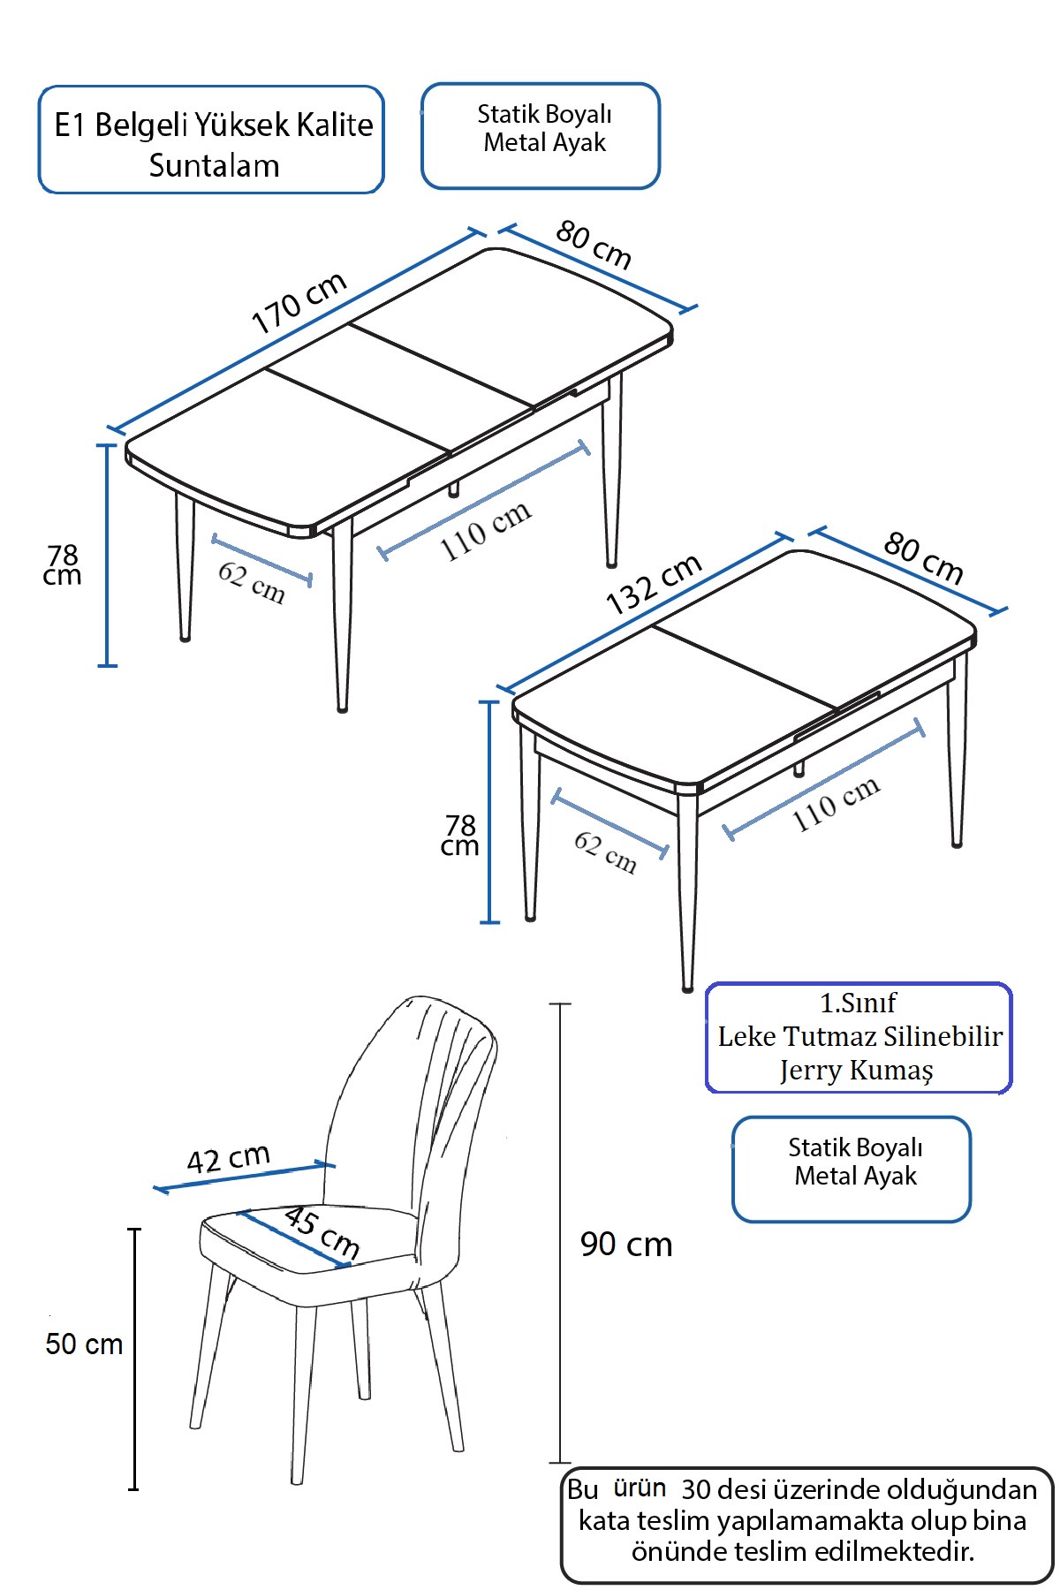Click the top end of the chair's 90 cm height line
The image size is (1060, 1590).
(560, 1004)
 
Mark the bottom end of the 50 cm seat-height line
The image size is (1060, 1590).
(134, 1488)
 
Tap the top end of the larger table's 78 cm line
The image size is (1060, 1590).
(107, 445)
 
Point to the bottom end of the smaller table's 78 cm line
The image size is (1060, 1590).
(488, 922)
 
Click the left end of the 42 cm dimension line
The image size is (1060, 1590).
(156, 1189)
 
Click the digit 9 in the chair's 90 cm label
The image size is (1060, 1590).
(589, 1245)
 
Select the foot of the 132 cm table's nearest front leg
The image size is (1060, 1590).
(687, 987)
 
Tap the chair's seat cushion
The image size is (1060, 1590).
(309, 1241)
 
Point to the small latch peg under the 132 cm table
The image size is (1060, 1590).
(799, 768)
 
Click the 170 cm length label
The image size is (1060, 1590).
(299, 303)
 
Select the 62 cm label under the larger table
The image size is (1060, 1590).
(252, 582)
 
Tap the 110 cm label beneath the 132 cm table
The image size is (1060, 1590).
(836, 804)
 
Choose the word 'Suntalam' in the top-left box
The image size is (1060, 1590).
(214, 165)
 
